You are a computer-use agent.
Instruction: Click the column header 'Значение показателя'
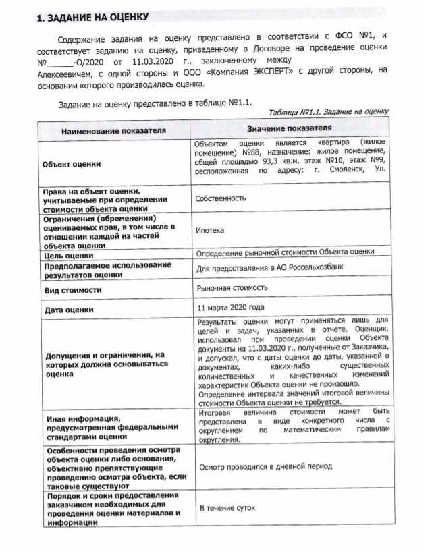pyautogui.click(x=290, y=128)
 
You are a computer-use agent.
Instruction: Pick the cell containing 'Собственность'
pyautogui.click(x=220, y=199)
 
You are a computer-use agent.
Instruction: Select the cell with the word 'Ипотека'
pyautogui.click(x=210, y=231)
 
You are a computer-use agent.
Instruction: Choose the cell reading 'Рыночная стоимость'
pyautogui.click(x=231, y=288)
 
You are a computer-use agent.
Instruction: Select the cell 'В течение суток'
pyautogui.click(x=225, y=507)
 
